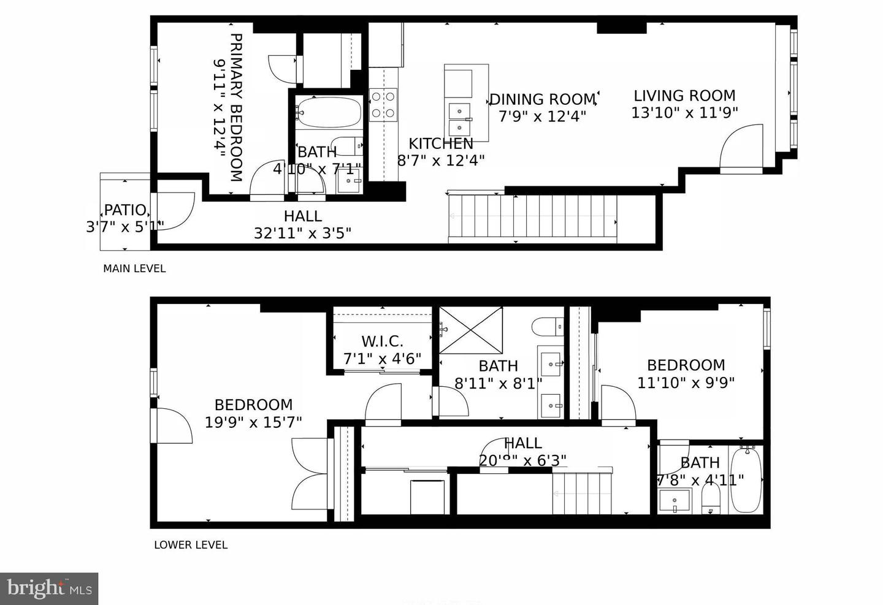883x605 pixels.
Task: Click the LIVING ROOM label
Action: [684, 96]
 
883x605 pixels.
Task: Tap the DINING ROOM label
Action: [542, 99]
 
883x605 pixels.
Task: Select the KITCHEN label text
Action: [441, 143]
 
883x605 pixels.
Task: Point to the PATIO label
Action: [125, 210]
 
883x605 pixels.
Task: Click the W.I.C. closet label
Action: [382, 341]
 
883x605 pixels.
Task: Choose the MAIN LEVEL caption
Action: [134, 268]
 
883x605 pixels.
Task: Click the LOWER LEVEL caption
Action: [191, 545]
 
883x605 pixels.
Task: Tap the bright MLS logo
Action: [49, 588]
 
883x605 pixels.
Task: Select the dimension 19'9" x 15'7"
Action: [253, 422]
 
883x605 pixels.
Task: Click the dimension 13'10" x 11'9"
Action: [684, 113]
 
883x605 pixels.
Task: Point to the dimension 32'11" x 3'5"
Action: [302, 233]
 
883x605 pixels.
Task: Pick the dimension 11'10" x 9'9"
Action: [686, 382]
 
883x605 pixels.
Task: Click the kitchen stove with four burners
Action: [383, 104]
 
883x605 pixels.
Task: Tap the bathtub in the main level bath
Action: [327, 112]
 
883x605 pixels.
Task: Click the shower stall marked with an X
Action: [470, 330]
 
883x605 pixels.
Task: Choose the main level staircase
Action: [532, 217]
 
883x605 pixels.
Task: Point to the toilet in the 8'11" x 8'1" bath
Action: [548, 326]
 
